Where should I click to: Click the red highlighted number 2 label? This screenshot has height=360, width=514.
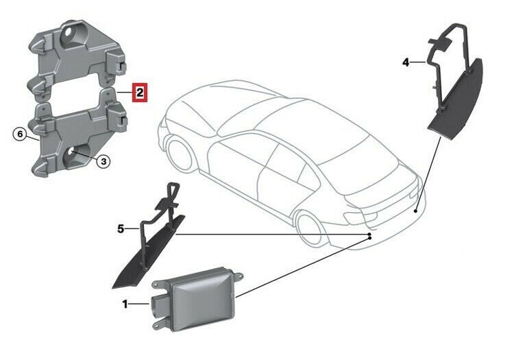pos(140,93)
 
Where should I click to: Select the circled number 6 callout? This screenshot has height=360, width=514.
pos(21,134)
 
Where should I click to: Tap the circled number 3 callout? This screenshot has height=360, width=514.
pos(103,161)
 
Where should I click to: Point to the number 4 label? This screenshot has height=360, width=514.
pos(406,62)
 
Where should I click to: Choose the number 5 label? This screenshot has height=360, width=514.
pos(121,228)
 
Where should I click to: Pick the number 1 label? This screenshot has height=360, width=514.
pos(125,304)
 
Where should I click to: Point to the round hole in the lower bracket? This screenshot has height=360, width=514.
pos(71,153)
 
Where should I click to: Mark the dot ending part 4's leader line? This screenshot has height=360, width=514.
pos(416,211)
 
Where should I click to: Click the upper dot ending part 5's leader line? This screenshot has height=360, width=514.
pos(369,235)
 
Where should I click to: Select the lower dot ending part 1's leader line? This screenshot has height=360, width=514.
pos(370,239)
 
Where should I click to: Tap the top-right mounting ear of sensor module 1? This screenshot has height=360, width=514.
pos(238,276)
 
